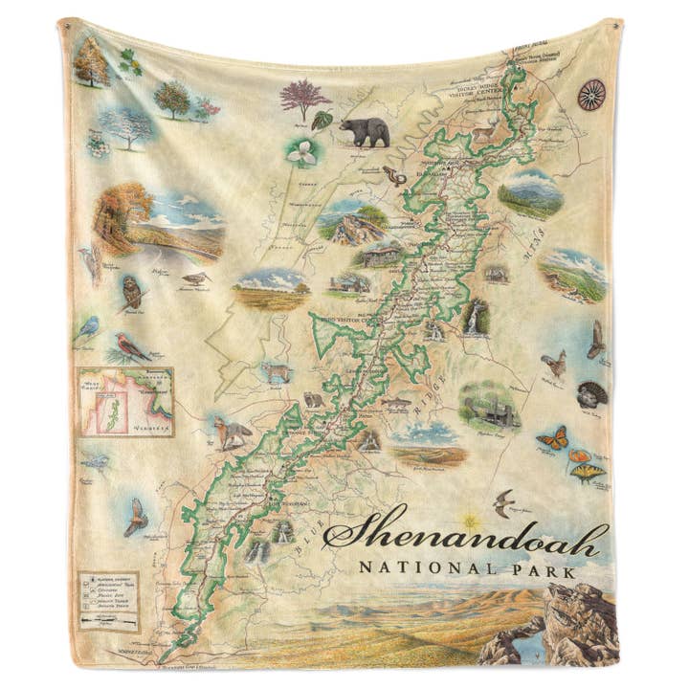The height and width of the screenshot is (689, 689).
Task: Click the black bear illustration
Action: (365, 131)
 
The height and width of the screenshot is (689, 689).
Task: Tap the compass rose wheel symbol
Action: (590, 94)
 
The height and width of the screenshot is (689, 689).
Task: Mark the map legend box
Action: (108, 602)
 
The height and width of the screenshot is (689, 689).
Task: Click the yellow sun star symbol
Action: (469, 522)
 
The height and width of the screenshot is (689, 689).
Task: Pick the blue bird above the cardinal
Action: (90, 328)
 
